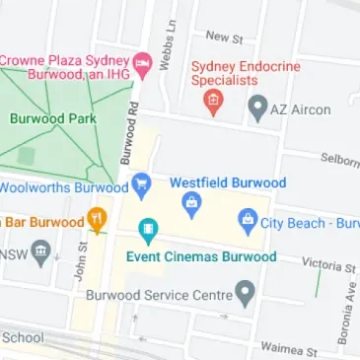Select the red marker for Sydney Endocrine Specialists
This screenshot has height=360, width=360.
point(209,100)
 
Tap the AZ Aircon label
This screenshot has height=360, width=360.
point(303,108)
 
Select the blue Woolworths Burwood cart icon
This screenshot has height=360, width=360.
point(141,182)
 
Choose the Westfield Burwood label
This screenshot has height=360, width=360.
point(228,182)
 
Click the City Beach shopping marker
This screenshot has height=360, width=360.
point(248,221)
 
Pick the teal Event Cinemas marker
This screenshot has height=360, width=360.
point(148,232)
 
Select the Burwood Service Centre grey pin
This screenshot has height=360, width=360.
point(245,292)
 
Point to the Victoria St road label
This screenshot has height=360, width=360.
point(329,266)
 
